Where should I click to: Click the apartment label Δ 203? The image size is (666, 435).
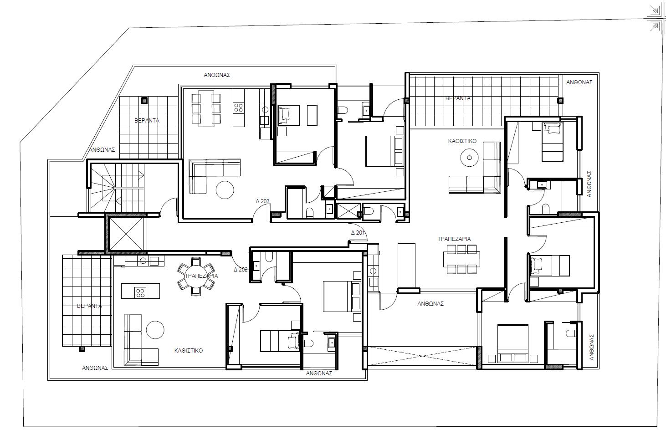[x=262, y=201]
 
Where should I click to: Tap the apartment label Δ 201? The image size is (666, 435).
[x=358, y=233]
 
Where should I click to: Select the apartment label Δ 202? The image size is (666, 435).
[x=241, y=269]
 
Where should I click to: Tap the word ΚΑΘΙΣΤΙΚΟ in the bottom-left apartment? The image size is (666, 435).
[x=188, y=351]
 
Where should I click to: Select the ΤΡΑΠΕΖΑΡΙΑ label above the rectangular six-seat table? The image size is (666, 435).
[x=454, y=239]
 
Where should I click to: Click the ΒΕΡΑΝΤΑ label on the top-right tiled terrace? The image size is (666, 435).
[x=458, y=98]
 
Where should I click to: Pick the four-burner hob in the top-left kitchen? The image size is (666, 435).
[x=238, y=108]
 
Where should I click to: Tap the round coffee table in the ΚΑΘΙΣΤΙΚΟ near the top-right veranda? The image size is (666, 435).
[x=469, y=158]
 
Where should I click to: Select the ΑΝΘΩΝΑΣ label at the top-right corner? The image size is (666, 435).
[x=579, y=82]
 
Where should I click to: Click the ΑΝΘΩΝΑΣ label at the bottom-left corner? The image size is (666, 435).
[x=95, y=368]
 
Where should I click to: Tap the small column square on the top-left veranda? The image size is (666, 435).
[x=144, y=100]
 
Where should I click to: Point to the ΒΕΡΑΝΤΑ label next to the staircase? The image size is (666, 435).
[x=147, y=121]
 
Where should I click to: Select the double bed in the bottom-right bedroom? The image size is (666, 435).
[x=512, y=344]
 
